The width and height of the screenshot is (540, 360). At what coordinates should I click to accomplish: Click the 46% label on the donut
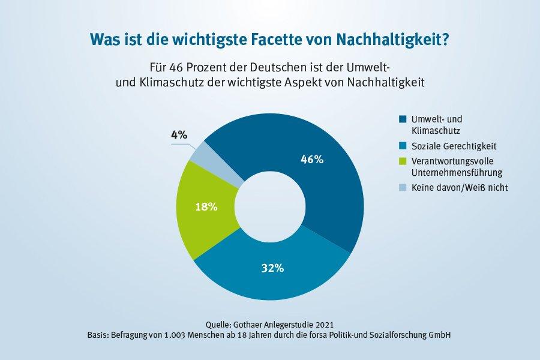click(x=311, y=160)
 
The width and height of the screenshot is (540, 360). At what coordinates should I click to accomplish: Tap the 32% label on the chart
click(x=272, y=268)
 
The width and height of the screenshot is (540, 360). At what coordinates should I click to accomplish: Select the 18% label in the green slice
click(x=206, y=207)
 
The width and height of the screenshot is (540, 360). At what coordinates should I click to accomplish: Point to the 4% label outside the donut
click(x=179, y=135)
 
